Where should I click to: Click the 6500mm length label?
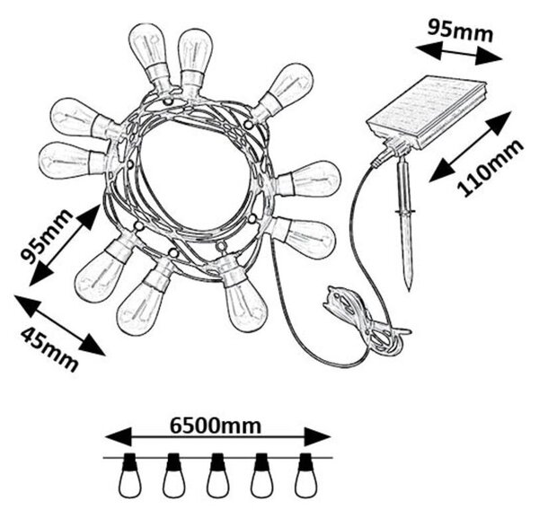point(216,426)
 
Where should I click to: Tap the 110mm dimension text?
point(490,168)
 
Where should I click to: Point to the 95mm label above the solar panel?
point(460,31)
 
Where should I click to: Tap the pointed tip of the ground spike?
point(409,290)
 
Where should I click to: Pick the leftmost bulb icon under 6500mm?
point(129,475)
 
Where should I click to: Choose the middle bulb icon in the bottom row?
point(217,475)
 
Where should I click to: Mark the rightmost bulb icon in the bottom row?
point(306,475)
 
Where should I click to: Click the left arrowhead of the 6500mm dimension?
point(118,437)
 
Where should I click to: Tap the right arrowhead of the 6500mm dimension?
point(317,437)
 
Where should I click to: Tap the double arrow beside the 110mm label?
point(470,146)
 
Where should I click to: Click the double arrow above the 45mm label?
point(59,325)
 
